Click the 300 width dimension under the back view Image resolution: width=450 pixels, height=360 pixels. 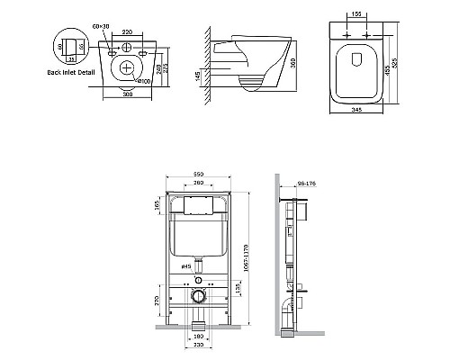pyautogui.click(x=133, y=93)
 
